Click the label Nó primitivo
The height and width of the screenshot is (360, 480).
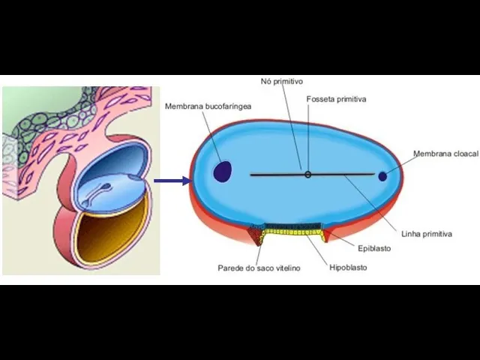(282, 81)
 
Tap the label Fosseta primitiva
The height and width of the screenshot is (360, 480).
(336, 99)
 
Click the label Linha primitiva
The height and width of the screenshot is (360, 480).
(427, 234)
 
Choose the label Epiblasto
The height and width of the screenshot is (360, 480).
(374, 248)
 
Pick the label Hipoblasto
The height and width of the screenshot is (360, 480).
(348, 268)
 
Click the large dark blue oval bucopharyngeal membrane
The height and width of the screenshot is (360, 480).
(222, 172)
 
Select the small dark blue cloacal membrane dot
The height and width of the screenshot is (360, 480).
(382, 176)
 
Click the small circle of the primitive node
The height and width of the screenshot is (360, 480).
(307, 175)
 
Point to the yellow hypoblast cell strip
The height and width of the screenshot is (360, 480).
(293, 234)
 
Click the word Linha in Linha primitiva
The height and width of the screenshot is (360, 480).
(411, 234)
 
